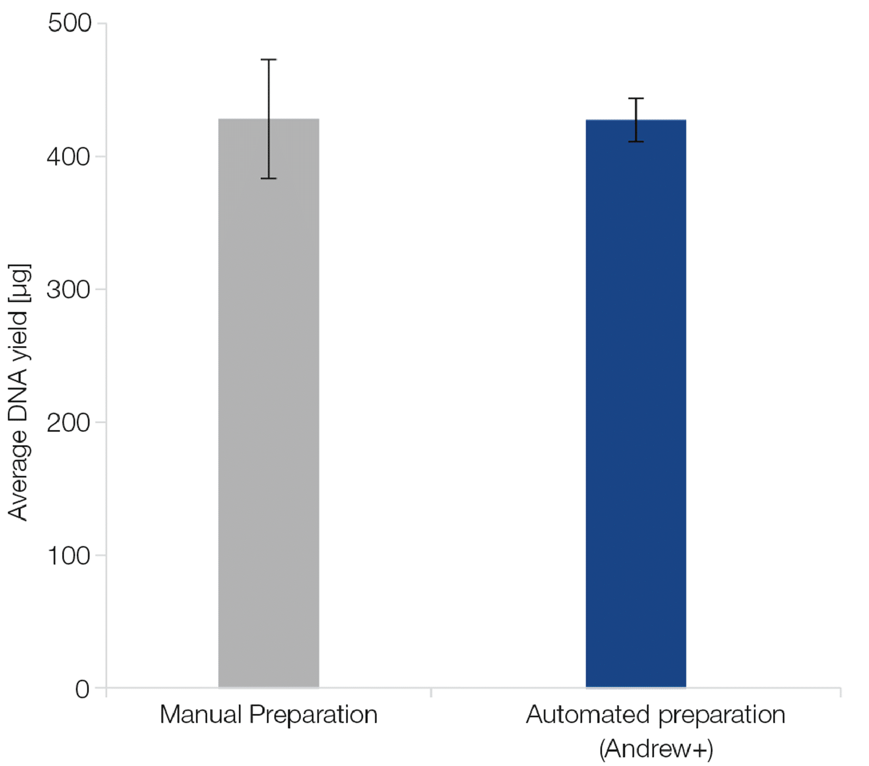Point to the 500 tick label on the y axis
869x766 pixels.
(69, 23)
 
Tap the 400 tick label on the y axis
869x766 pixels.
(69, 156)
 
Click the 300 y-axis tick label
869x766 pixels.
(69, 290)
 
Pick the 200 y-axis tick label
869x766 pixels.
(69, 423)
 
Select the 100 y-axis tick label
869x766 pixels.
(69, 556)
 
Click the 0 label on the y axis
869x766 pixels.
(82, 689)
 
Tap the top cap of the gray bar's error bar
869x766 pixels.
(268, 60)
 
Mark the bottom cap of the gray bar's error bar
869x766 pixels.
(268, 178)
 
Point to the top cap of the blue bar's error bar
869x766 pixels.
(636, 98)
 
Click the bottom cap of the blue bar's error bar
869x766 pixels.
(636, 141)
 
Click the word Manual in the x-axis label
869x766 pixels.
(201, 714)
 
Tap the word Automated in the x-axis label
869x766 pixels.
(589, 714)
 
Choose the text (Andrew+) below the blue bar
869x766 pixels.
(656, 749)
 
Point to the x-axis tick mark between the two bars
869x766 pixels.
(431, 692)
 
